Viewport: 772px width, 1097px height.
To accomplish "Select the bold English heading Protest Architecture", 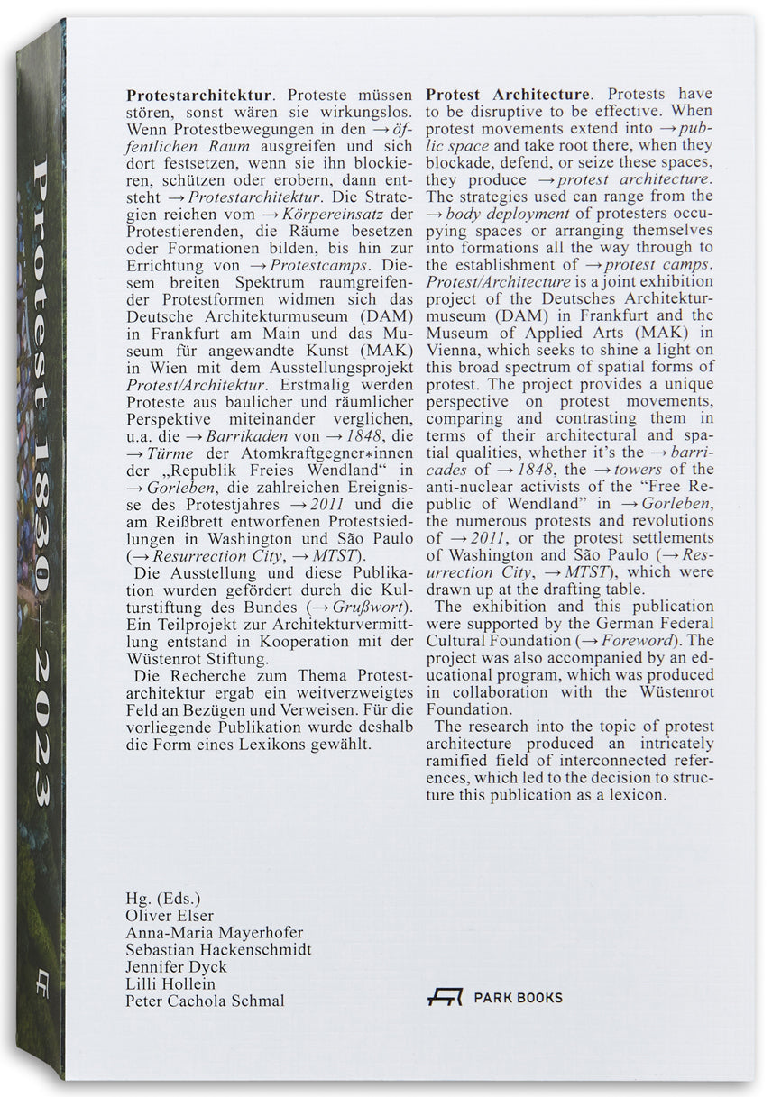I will point(510,93).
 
